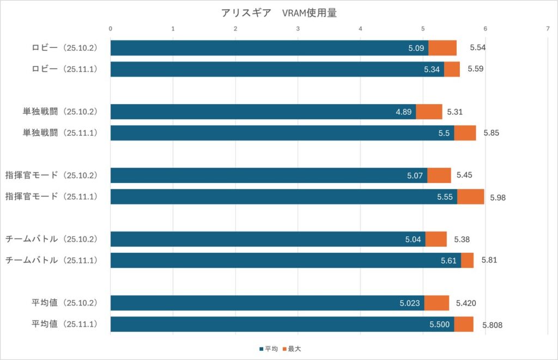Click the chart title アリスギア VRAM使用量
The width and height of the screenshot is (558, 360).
coord(278,13)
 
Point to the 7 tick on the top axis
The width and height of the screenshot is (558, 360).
coord(547,29)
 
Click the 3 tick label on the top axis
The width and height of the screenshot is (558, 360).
coord(298,29)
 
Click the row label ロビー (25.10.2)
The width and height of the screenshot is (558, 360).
coord(64,48)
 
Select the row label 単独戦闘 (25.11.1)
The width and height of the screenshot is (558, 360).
coord(60,133)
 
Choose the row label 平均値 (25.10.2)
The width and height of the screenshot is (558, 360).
coord(64,303)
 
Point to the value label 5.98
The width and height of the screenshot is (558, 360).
coord(498,197)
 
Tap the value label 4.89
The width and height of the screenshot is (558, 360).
coord(404,112)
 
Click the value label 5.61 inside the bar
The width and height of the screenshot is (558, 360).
coord(448,260)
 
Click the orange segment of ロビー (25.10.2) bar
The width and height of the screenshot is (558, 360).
coord(442,48)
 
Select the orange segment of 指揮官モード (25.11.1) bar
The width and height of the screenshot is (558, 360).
coord(470,197)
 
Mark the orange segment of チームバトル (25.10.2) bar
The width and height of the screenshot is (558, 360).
coord(436,239)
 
